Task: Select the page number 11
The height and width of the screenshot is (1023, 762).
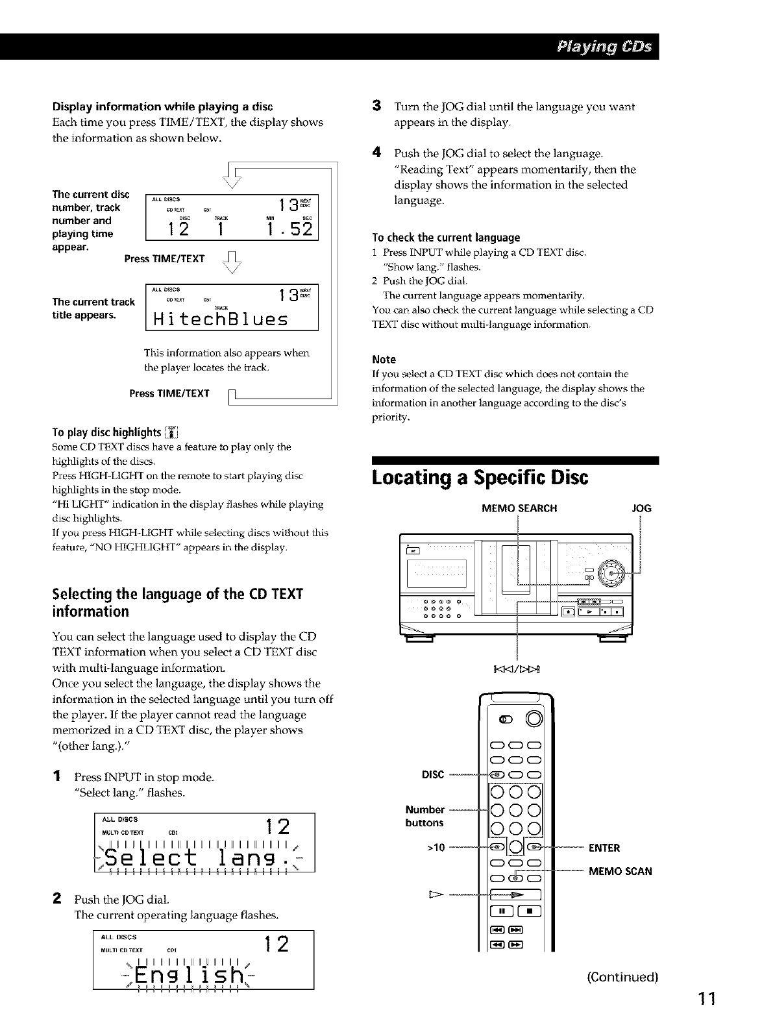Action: click(x=705, y=998)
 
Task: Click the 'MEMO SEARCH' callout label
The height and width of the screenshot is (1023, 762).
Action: click(x=519, y=508)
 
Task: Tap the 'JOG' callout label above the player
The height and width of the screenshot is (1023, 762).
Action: click(x=641, y=508)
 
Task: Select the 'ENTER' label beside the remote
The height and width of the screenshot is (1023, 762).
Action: click(x=604, y=848)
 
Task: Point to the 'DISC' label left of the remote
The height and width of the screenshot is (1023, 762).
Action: click(x=433, y=774)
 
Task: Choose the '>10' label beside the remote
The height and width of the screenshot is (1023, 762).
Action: click(x=434, y=848)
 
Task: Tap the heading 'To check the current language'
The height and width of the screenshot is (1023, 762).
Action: click(x=446, y=238)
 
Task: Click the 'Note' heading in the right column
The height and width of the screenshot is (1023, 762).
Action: click(x=384, y=360)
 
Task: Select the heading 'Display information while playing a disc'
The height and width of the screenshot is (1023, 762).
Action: click(x=162, y=106)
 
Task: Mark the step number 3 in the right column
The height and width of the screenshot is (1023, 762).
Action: click(x=376, y=106)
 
